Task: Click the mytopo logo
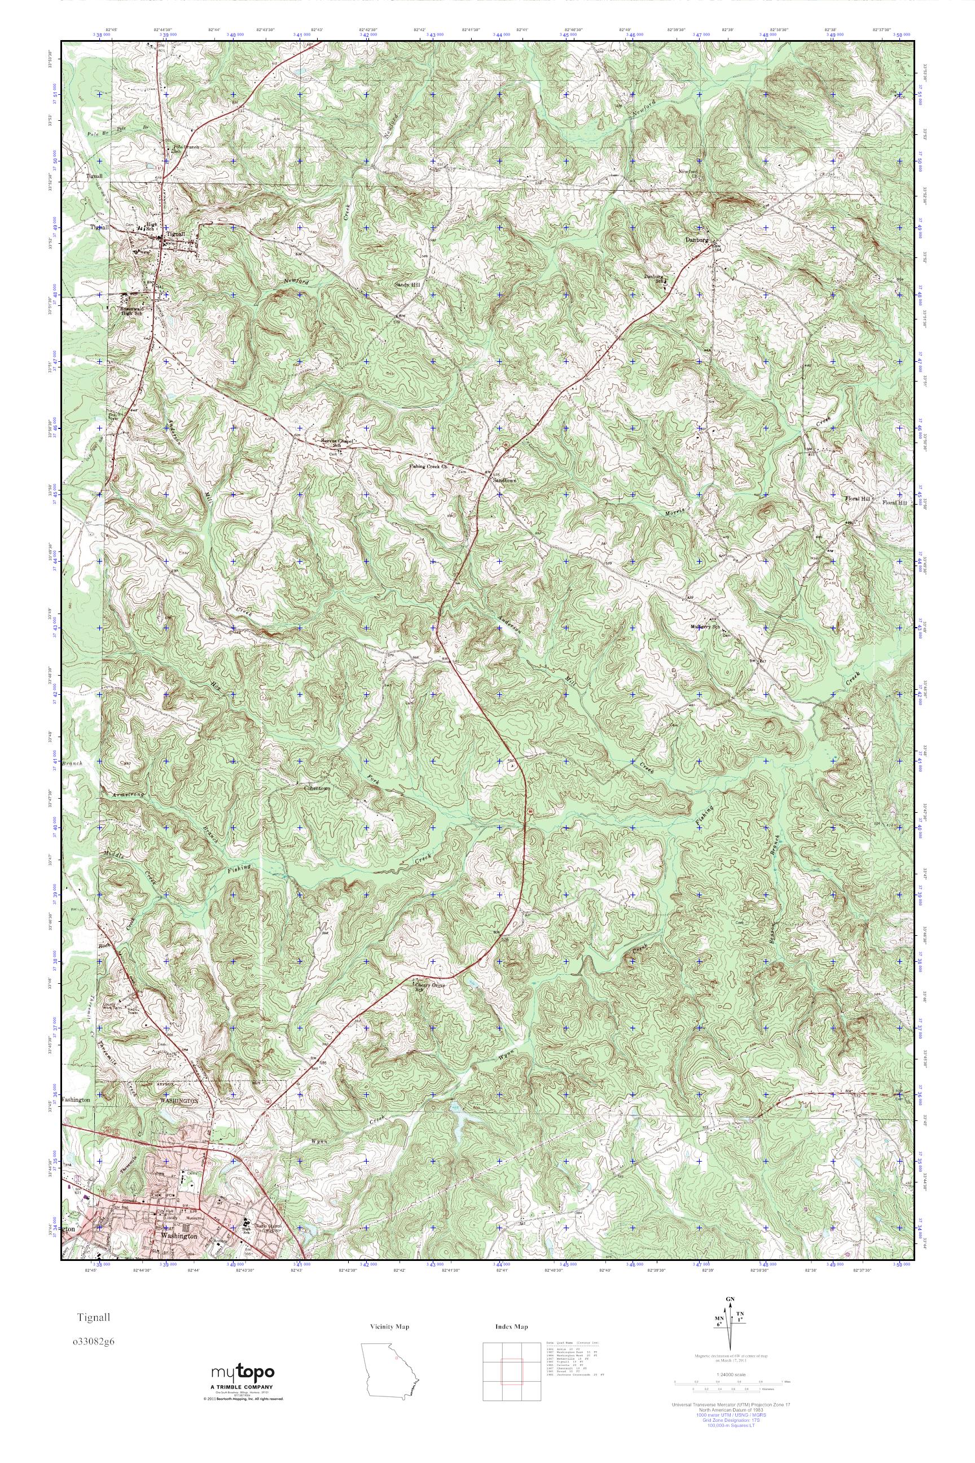pyautogui.click(x=243, y=1369)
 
